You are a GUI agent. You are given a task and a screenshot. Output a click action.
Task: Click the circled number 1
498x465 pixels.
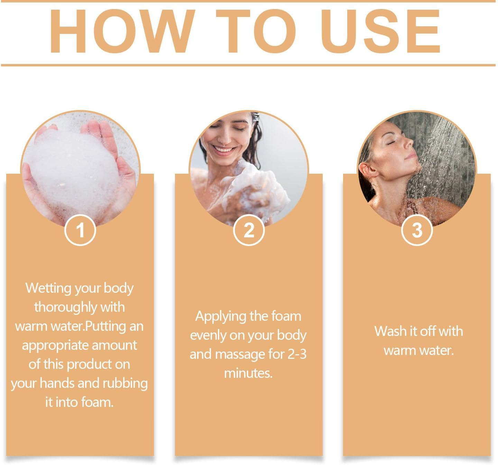[x=80, y=230]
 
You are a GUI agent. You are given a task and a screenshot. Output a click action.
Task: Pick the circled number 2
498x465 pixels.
[x=249, y=230]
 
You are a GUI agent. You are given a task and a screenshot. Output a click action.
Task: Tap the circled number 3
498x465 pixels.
[x=417, y=230]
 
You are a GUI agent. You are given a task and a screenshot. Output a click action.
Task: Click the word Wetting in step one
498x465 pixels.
[x=48, y=288]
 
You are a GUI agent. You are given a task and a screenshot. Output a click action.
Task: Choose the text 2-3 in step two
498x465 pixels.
[x=297, y=354]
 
